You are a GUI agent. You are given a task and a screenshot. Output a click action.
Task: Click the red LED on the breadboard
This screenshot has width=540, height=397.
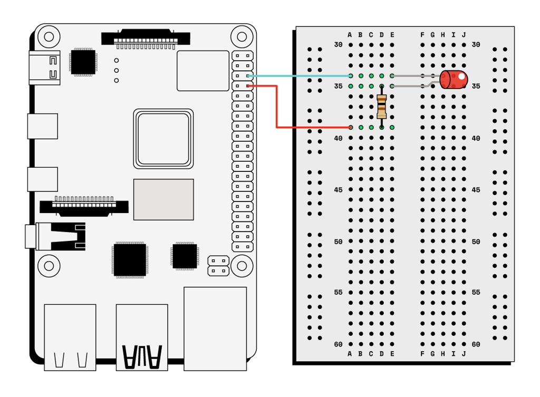coord(454,80)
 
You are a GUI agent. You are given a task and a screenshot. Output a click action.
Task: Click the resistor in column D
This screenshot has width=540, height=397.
coord(381,106)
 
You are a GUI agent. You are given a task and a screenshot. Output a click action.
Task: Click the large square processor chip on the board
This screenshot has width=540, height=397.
coord(163,139)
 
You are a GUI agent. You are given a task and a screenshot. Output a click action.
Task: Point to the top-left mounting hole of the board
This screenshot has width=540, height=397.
coord(49,37)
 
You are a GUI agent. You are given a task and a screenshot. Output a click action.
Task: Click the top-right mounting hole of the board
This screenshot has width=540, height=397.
coord(242,37)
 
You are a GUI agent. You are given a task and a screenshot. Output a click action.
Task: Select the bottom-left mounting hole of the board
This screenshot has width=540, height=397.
coord(49,266)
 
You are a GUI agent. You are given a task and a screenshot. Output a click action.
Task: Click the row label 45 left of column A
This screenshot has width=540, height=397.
coord(338,190)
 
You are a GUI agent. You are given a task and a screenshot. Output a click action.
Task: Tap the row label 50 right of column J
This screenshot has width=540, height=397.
coord(476,242)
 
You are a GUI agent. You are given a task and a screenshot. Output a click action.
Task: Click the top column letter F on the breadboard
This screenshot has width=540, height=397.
coord(422,35)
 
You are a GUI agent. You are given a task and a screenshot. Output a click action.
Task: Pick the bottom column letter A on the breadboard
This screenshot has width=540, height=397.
coord(350,354)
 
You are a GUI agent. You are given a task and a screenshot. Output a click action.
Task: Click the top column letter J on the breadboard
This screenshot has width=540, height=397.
coord(464,35)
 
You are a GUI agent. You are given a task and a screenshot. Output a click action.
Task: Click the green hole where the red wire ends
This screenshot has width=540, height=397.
coord(351,127)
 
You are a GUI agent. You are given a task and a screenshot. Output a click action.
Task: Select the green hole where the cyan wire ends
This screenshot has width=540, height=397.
coord(351,76)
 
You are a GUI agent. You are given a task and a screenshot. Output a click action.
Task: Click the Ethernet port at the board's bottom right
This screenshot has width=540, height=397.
coord(215,328)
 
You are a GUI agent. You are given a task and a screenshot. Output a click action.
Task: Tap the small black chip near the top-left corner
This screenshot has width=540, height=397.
coord(83,62)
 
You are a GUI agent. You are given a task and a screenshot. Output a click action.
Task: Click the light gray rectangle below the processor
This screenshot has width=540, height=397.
coord(163,199)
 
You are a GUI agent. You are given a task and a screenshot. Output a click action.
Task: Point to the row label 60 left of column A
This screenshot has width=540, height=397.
coord(338,344)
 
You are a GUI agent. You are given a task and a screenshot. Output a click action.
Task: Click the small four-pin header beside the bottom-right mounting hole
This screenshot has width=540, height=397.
coord(218,266)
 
